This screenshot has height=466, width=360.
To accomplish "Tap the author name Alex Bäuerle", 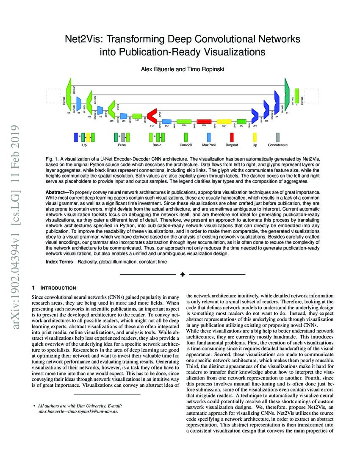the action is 161,69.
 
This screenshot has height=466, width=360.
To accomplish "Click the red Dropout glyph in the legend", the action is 231,137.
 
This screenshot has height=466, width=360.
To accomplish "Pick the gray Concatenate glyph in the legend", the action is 278,137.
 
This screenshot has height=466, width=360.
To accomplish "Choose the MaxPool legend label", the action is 209,145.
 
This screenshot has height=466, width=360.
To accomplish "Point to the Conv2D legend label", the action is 186,145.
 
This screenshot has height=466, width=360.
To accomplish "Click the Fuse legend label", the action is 122,145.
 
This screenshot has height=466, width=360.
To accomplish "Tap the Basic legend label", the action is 157,145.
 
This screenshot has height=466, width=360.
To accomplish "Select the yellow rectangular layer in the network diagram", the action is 224,122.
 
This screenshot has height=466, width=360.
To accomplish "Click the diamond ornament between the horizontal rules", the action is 183,275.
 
